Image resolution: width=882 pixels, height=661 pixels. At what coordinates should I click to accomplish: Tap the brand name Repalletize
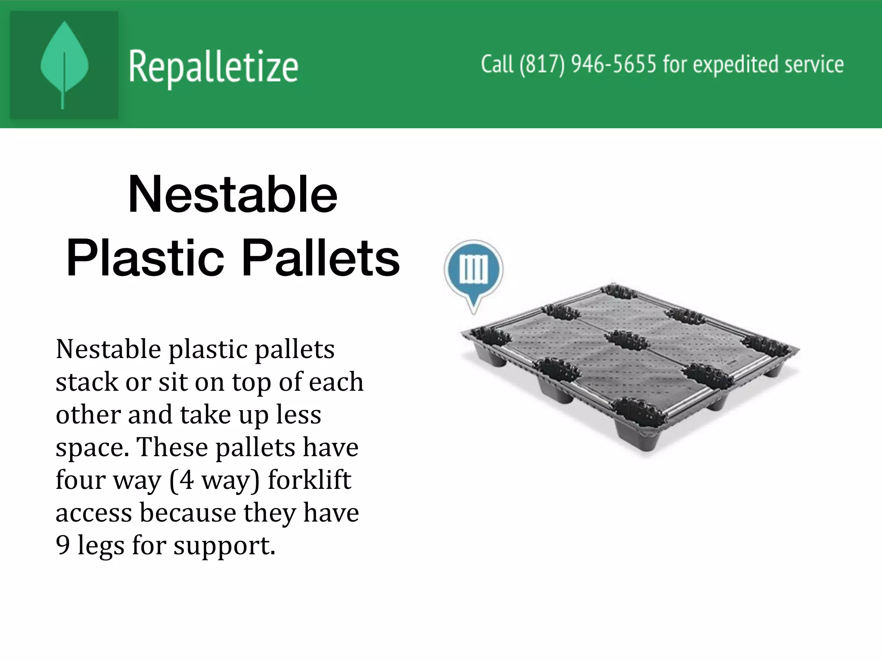point(213,67)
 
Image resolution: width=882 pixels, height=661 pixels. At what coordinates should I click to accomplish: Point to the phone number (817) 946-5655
point(587,65)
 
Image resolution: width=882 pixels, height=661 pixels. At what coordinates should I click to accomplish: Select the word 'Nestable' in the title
point(233,195)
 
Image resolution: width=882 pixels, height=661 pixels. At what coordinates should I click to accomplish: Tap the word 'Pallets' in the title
point(321,259)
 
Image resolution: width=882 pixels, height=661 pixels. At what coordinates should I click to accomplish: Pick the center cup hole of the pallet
point(626,343)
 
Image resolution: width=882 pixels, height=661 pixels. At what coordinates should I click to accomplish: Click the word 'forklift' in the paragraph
point(310,480)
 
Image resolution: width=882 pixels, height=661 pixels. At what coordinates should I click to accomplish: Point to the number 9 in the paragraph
point(63,545)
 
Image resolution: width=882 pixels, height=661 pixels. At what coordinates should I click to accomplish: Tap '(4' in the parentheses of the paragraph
point(181,480)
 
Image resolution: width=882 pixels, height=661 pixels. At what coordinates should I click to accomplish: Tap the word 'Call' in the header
point(497,65)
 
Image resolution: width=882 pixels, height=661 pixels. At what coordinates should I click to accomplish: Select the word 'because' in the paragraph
point(188,513)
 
